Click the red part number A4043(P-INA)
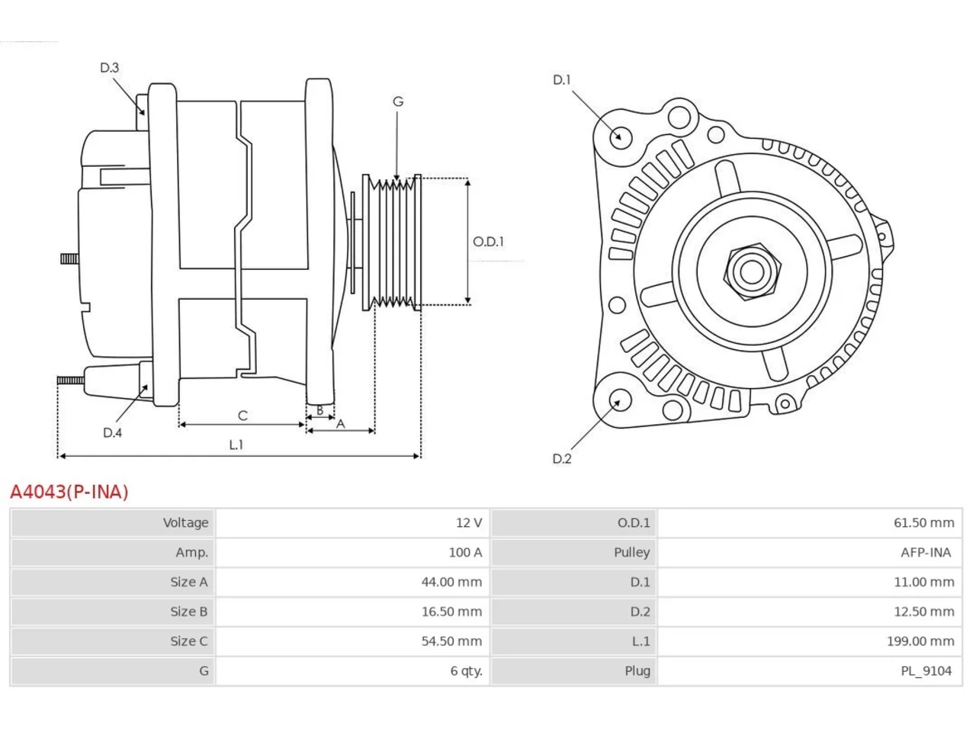[x=69, y=492]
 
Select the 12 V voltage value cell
[x=469, y=522]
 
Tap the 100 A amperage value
[x=465, y=553]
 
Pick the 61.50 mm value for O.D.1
[x=923, y=522]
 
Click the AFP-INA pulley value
[x=926, y=553]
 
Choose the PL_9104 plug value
[x=926, y=671]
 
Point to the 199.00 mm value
[x=920, y=641]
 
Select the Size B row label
[x=189, y=612]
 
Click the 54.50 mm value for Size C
[x=451, y=641]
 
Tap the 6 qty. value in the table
[x=466, y=671]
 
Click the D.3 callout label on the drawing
[x=109, y=68]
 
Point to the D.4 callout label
[x=113, y=432]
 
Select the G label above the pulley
[x=398, y=101]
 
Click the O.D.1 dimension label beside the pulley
[x=488, y=242]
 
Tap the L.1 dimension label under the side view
[x=236, y=445]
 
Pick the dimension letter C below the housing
[x=242, y=416]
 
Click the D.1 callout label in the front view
[x=561, y=80]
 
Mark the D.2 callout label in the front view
[x=562, y=459]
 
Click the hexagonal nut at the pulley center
[x=752, y=272]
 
